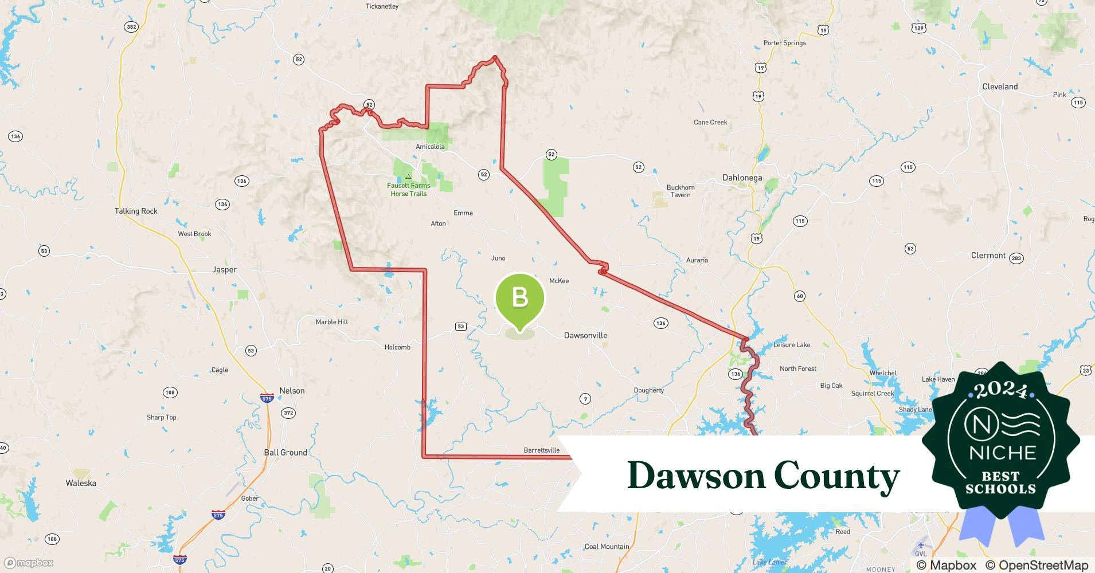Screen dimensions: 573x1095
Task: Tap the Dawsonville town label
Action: click(585, 335)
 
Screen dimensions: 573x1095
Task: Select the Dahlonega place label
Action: click(742, 178)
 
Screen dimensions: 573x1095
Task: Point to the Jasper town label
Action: click(224, 269)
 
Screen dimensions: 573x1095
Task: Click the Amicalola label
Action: click(430, 147)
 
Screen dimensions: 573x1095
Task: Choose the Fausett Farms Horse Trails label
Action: click(408, 189)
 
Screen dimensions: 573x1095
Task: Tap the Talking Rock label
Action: click(136, 211)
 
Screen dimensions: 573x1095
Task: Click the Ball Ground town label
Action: click(286, 452)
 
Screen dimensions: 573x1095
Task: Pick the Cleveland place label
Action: click(1000, 87)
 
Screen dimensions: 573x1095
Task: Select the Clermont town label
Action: click(988, 256)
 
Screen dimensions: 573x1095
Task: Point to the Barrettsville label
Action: click(541, 450)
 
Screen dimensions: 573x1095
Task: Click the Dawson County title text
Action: click(763, 476)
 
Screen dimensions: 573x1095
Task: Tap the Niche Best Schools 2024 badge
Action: click(1001, 441)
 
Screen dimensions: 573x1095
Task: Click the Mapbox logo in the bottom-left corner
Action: click(29, 563)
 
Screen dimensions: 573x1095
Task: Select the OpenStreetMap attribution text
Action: click(1037, 565)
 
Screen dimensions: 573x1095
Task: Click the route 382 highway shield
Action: click(131, 27)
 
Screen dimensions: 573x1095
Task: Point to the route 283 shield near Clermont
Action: click(1016, 258)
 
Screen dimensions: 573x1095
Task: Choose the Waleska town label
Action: click(81, 483)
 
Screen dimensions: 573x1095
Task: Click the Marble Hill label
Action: click(332, 322)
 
